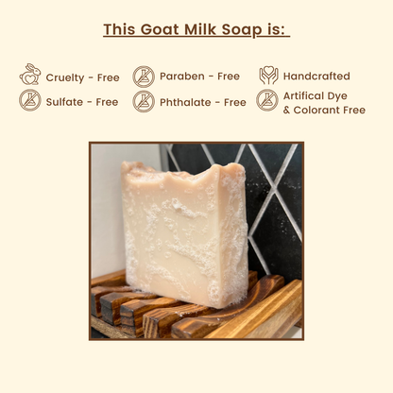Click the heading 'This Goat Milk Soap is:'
196,28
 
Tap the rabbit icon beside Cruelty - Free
30,77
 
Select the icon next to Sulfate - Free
30,100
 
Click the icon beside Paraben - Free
144,77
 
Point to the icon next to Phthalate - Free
144,100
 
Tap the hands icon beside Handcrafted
268,77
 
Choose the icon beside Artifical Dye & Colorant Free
268,100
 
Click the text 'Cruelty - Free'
82,77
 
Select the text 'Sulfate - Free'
82,101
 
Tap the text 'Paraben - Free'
199,77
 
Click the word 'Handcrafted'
316,77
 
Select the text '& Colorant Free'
324,110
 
